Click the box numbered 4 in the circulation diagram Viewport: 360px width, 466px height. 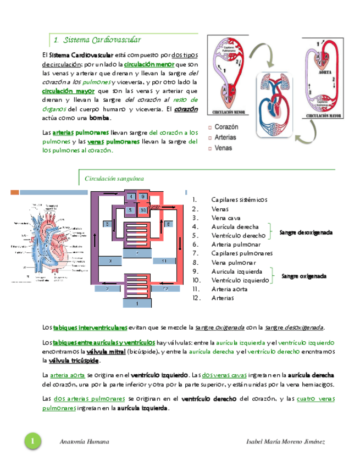131,197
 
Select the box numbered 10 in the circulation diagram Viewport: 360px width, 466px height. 143,210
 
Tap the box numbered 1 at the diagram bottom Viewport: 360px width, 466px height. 137,303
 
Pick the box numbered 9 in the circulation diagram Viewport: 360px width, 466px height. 143,197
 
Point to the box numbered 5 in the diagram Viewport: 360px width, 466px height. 131,210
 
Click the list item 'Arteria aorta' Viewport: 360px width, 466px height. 229,289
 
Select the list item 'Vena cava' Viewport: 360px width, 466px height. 225,218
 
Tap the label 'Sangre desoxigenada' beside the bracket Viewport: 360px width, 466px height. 306,232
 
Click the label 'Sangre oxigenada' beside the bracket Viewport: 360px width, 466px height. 304,276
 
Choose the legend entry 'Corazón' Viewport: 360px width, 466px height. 230,127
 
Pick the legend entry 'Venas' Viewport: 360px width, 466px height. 223,148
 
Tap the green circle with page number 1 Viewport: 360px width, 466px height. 32,442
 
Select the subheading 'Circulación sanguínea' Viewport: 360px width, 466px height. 114,179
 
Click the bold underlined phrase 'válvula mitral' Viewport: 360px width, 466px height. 103,351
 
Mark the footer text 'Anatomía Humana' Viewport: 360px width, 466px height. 84,442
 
